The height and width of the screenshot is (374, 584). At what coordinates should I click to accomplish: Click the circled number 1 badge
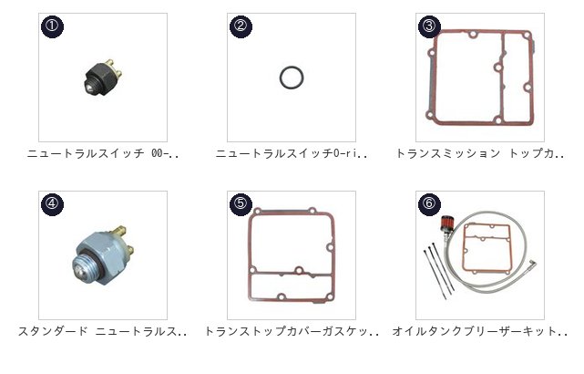coord(52,26)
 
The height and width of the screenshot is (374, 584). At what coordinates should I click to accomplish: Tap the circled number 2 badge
coord(241,26)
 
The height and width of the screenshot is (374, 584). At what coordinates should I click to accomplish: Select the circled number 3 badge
coord(429,26)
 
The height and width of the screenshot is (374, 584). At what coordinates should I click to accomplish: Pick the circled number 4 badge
coord(52,204)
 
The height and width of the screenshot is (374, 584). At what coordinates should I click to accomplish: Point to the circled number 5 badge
coord(241,204)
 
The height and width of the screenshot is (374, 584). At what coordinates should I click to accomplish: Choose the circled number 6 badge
coord(429,204)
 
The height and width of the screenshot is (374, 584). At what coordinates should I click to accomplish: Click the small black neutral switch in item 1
coord(102,78)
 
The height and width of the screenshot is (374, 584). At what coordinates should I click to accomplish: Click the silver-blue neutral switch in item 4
coord(103,255)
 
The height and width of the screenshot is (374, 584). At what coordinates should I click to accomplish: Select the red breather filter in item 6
coord(446,224)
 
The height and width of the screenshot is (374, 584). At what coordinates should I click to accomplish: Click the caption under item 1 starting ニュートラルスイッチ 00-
coord(103,153)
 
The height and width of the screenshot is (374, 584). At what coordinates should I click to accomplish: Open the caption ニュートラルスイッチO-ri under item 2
coord(292,153)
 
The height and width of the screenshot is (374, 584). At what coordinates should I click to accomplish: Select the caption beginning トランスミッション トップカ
coord(480,153)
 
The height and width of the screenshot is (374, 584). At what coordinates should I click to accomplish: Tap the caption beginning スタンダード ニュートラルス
coord(103,331)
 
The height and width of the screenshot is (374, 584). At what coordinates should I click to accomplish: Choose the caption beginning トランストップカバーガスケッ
coord(292,331)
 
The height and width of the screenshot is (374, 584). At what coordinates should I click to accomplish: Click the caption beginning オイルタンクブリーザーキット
coord(480,331)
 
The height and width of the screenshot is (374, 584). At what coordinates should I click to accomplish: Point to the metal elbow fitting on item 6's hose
coord(533,265)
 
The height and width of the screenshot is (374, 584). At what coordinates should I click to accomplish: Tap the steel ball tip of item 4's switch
coord(78,269)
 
